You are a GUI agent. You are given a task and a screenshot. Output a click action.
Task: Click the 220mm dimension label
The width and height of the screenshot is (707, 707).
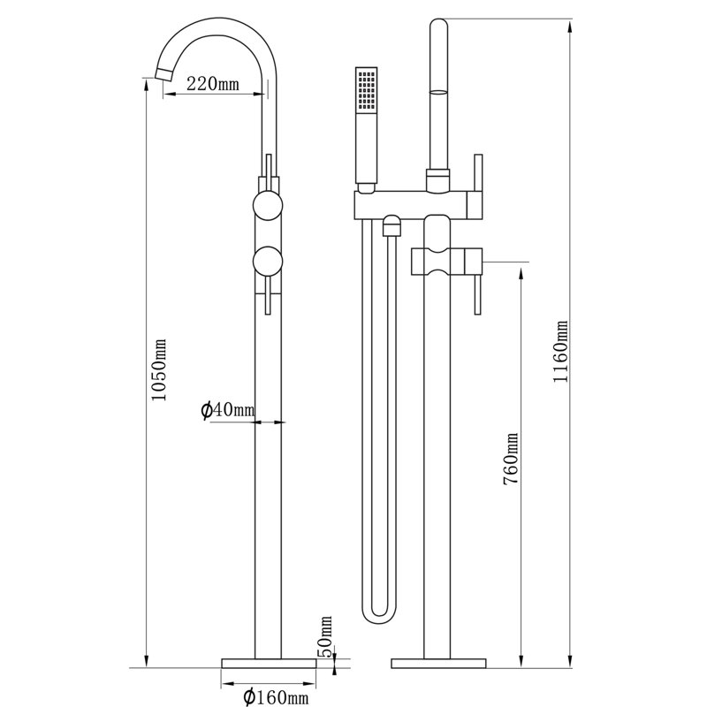click(212, 83)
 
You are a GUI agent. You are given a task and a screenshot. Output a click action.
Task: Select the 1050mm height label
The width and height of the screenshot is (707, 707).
click(158, 369)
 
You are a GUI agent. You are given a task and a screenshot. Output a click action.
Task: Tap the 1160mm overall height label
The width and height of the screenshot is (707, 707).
click(560, 351)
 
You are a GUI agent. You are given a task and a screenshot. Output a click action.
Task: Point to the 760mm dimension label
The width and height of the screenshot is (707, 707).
click(511, 459)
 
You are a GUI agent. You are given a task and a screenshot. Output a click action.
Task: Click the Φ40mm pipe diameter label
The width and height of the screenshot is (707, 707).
click(227, 410)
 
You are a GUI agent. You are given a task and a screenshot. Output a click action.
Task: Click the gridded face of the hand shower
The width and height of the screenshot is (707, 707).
click(366, 90)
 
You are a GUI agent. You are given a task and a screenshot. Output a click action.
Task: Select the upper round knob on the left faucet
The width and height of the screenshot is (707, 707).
click(268, 205)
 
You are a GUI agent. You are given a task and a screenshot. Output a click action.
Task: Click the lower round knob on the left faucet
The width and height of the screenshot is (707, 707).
click(268, 262)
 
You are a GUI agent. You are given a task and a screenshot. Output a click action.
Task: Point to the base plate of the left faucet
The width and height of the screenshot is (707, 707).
click(269, 664)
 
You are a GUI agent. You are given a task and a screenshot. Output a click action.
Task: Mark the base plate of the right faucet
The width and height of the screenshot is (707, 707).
click(438, 664)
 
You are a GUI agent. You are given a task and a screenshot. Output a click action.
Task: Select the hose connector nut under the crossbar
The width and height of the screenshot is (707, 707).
click(392, 225)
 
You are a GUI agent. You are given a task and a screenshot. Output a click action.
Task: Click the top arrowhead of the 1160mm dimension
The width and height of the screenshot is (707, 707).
click(570, 26)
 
